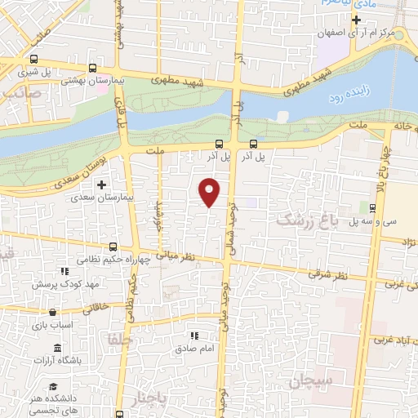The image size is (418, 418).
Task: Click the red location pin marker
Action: click(210, 191)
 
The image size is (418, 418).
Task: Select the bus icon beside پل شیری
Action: click(33, 59)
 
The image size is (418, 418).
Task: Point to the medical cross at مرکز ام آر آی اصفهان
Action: click(356, 19)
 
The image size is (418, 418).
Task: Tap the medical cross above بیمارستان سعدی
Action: click(101, 185)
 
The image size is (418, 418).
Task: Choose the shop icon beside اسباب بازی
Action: click(52, 311)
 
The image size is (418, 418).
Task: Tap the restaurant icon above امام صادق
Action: click(193, 335)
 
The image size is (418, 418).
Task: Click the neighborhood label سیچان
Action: click(306, 380)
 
